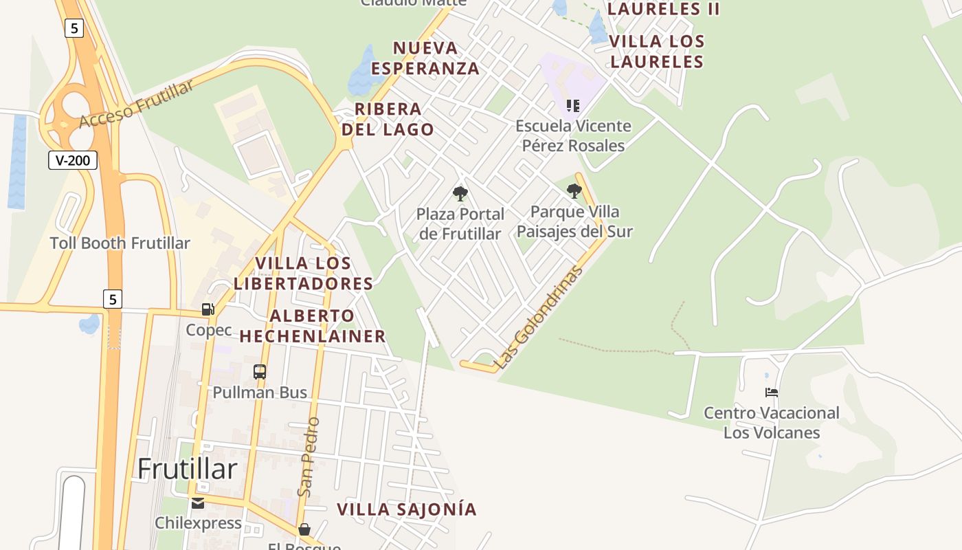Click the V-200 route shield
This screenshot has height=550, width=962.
click(x=73, y=161)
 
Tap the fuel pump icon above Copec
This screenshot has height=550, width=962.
click(x=208, y=309)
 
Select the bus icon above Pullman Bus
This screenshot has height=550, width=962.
click(x=260, y=372)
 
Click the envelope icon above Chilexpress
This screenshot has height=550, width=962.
click(x=198, y=503)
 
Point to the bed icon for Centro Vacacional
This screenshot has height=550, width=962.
click(x=772, y=393)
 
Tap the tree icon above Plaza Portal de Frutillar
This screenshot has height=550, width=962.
click(x=460, y=193)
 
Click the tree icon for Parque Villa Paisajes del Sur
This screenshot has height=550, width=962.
click(x=574, y=190)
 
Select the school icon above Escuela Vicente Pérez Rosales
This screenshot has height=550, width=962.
click(x=573, y=106)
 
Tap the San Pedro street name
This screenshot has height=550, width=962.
click(x=309, y=456)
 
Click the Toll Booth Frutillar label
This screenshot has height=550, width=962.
click(x=120, y=243)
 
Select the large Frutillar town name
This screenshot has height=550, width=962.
click(x=188, y=469)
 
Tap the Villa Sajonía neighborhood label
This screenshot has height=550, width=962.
click(x=407, y=509)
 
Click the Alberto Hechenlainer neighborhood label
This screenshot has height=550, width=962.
click(x=313, y=326)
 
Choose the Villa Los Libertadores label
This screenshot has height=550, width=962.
click(x=304, y=273)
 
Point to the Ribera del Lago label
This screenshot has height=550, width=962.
click(x=388, y=119)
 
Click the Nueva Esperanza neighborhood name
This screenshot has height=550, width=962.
click(x=425, y=58)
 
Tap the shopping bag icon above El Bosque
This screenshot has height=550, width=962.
click(x=304, y=529)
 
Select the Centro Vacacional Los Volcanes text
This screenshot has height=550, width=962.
click(x=771, y=423)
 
